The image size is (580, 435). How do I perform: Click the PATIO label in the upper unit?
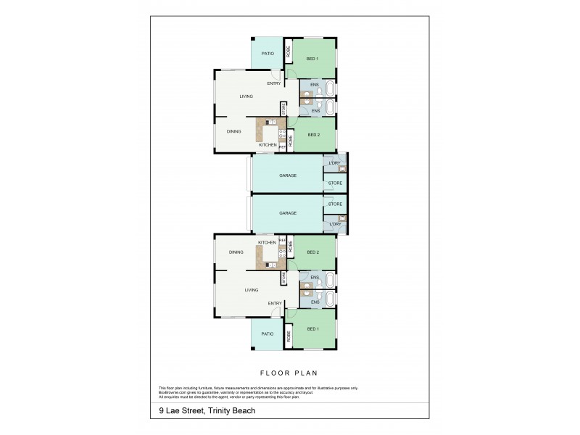pos(267,53)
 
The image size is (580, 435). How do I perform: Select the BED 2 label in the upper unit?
pos(313,134)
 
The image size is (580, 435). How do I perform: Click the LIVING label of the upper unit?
pos(246,96)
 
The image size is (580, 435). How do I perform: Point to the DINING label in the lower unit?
pos(236,252)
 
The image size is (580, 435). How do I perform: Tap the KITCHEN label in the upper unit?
pos(268,145)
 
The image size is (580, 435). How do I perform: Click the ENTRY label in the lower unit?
pos(274,303)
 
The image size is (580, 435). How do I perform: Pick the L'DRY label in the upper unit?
pos(335,162)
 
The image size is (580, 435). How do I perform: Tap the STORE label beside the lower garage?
pos(335,204)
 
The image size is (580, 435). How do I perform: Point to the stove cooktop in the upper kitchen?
pos(283,133)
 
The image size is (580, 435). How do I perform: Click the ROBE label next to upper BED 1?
pos(288,51)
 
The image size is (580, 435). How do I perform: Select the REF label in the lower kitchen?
pos(281,241)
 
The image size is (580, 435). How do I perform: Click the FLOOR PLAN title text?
pos(290,373)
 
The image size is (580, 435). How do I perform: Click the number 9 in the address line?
pos(162,410)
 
